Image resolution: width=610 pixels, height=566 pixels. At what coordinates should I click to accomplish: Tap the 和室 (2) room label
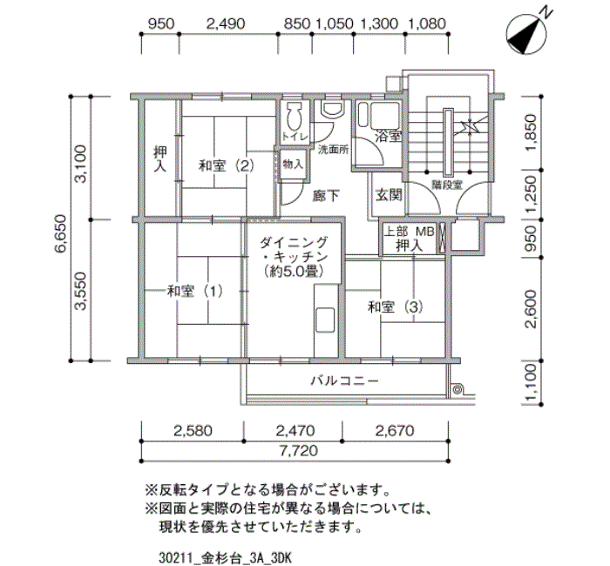[x=225, y=165]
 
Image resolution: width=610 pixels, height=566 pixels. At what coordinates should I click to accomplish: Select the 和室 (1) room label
[x=195, y=291]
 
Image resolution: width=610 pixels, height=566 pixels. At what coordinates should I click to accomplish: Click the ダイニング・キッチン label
[x=294, y=257]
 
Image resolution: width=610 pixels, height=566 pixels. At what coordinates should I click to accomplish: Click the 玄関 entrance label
[x=389, y=195]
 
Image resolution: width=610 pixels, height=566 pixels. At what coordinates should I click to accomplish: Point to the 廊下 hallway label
[x=326, y=195]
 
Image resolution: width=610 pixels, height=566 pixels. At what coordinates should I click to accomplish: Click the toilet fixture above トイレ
[x=295, y=116]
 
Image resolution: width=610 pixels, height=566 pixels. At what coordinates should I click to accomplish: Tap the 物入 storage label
[x=294, y=163]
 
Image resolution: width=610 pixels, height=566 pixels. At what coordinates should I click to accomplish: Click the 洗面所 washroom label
[x=332, y=149]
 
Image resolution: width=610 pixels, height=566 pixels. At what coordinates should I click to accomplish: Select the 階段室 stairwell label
[x=445, y=183]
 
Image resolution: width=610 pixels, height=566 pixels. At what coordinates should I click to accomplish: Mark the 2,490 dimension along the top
[x=224, y=24]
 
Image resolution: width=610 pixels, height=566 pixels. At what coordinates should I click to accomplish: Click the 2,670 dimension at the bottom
[x=396, y=429]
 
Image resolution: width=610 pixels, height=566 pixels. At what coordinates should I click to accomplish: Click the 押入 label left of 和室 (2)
[x=160, y=157]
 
